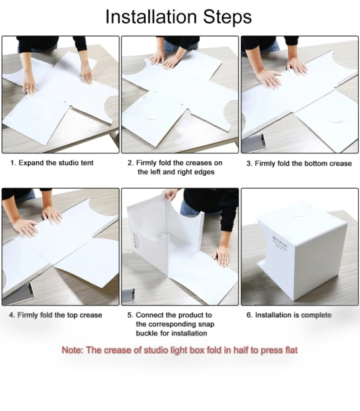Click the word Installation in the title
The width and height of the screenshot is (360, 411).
coord(151,17)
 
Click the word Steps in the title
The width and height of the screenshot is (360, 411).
coord(227,17)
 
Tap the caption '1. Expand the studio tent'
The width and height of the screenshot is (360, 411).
coord(52,163)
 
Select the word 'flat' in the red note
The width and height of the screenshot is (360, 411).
coord(290,350)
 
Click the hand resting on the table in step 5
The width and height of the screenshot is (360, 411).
coord(222,256)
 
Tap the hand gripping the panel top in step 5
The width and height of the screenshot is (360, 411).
coord(171,194)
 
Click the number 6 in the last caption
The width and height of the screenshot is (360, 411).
coord(248,315)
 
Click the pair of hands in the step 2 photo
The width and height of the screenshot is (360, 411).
coord(168,60)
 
